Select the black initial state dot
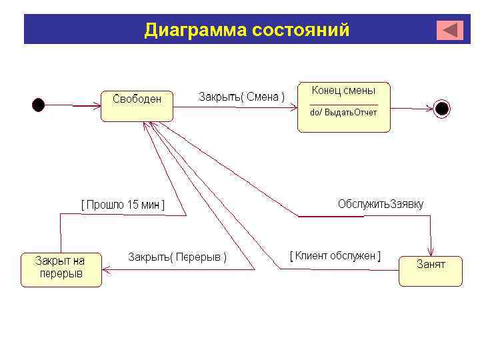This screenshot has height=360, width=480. (39, 105)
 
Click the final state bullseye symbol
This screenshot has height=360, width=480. (442, 107)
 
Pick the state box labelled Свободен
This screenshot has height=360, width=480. (137, 105)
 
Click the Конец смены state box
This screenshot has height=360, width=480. (343, 107)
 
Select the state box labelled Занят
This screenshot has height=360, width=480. (430, 270)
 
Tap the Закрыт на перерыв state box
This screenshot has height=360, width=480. (61, 269)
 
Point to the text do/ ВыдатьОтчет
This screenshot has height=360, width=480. (343, 113)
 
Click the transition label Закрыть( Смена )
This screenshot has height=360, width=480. (241, 97)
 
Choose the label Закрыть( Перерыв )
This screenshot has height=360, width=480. (177, 257)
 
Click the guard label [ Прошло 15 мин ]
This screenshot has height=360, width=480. (123, 205)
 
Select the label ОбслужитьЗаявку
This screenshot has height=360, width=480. (381, 204)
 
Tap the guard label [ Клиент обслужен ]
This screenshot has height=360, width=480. (335, 256)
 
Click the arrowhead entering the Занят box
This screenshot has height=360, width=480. (431, 252)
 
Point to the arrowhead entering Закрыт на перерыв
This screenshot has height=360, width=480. (106, 269)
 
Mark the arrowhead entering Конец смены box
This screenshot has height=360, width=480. (293, 107)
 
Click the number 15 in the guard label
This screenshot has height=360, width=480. (133, 205)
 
